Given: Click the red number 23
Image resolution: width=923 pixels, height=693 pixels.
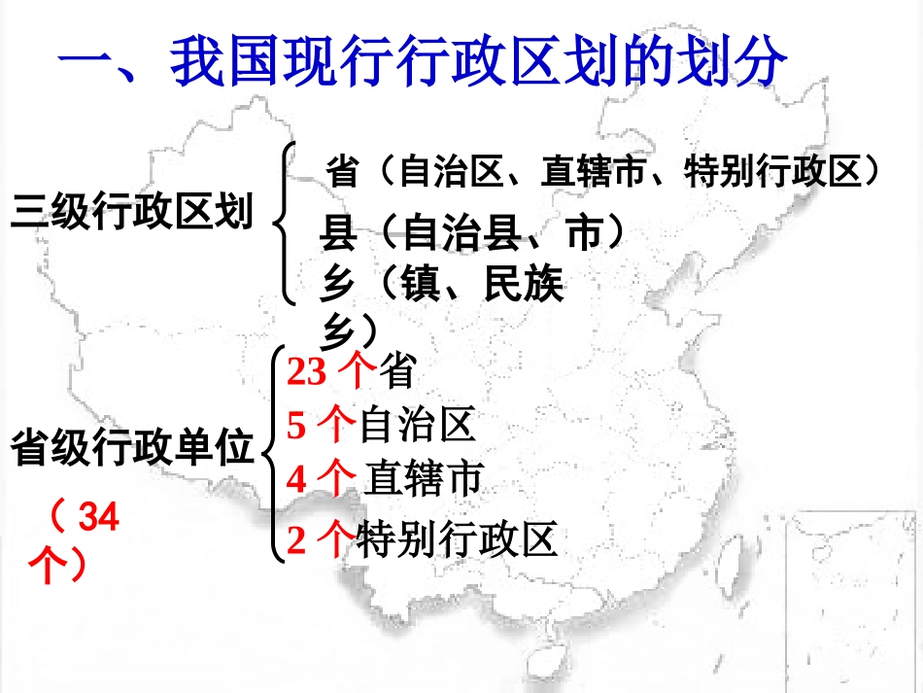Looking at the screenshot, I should click(307, 372).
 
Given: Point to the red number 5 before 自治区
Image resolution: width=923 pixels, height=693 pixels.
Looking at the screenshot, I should click(296, 426).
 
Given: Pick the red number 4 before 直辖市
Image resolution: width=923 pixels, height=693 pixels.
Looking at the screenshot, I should click(297, 479).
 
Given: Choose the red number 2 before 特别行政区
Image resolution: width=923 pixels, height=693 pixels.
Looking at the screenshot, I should click(297, 540).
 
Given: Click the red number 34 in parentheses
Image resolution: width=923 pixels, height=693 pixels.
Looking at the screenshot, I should click(98, 518).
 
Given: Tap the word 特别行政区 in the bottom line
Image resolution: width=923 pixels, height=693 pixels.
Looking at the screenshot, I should click(458, 539).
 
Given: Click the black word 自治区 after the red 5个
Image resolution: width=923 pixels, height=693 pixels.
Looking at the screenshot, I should click(417, 426).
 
